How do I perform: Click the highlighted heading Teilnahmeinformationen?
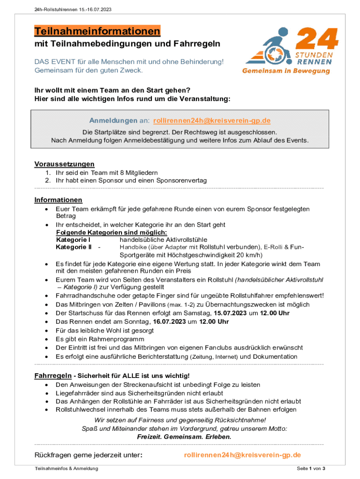tap(97, 31)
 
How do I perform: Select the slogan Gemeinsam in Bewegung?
tap(286, 71)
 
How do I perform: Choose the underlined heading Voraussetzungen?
tap(65, 164)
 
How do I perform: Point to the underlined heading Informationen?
tap(58, 200)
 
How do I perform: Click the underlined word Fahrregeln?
tap(53, 376)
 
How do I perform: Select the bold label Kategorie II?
tap(73, 247)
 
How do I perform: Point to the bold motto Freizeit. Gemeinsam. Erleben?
tap(184, 436)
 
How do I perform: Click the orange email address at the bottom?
tap(242, 455)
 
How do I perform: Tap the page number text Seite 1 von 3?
tap(311, 469)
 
